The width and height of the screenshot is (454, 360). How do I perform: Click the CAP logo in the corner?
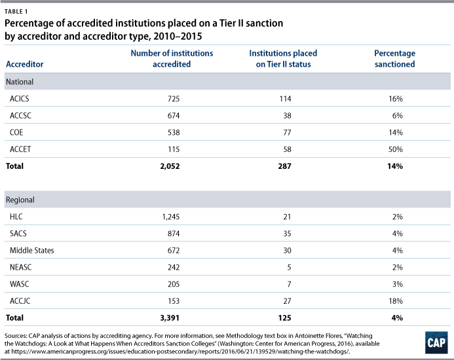click(436, 342)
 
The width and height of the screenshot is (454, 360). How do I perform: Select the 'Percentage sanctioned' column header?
click(394, 58)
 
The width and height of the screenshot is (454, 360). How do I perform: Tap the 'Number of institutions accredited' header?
click(172, 58)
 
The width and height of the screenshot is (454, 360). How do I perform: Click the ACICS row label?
click(20, 99)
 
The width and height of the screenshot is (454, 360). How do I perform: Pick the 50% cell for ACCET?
click(396, 149)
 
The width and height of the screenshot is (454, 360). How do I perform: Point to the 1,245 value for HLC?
click(171, 217)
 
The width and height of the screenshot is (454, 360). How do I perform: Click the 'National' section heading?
click(20, 82)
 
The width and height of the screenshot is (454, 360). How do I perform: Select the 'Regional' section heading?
click(20, 200)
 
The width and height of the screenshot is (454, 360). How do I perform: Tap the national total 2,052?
click(170, 166)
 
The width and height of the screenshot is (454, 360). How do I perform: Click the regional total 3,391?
click(170, 317)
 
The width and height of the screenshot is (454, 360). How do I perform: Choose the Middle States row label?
click(32, 250)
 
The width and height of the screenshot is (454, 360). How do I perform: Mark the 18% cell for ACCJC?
click(396, 301)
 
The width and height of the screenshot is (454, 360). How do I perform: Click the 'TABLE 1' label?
click(16, 12)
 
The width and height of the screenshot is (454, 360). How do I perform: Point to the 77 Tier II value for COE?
click(287, 132)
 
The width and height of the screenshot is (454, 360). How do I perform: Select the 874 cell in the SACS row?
click(174, 234)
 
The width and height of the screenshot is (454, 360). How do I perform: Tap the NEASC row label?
click(20, 267)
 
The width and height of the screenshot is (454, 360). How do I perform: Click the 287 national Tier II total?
click(284, 166)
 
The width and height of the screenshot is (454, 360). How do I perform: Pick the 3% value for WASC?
click(398, 284)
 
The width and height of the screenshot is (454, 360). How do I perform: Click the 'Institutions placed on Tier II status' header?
click(283, 58)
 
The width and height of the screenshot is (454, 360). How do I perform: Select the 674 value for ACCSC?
click(174, 116)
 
